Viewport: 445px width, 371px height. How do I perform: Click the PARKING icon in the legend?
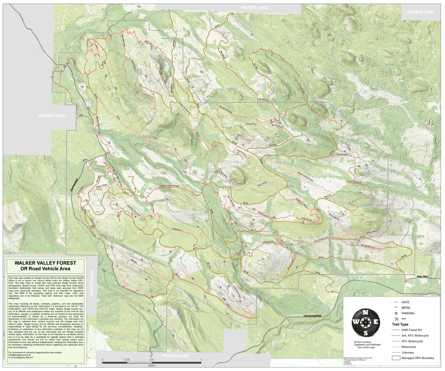tap(397, 313)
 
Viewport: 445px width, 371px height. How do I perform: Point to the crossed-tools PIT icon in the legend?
tap(397, 319)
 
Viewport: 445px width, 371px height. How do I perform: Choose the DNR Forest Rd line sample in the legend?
tap(397, 330)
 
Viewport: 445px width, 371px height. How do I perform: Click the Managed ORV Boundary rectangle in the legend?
tap(397, 358)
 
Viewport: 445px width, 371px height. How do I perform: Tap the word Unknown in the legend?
tap(408, 352)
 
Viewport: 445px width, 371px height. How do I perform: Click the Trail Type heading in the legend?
tap(400, 325)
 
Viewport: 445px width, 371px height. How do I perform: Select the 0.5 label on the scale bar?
tap(152, 360)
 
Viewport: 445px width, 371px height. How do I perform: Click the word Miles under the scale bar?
tap(152, 366)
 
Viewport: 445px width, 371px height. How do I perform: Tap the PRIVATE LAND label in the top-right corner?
tap(421, 12)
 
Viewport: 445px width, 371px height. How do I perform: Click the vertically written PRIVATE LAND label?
tap(91, 283)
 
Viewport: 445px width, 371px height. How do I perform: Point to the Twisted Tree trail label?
tap(251, 124)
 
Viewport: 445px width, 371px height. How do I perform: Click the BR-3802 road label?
tap(273, 145)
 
